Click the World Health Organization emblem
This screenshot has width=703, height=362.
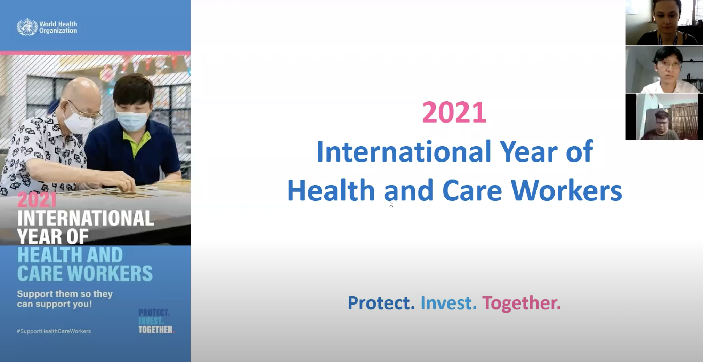point(27,27)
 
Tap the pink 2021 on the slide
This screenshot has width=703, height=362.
point(454,112)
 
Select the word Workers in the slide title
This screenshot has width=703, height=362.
point(566,190)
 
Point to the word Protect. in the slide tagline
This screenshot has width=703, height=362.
point(381,303)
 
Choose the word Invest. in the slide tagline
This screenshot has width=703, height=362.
point(449,303)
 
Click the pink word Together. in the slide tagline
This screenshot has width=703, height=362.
point(522,303)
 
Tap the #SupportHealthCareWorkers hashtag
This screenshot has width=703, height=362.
point(54,331)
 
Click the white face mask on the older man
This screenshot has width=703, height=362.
point(81,119)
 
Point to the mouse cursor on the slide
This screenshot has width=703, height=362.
point(391,204)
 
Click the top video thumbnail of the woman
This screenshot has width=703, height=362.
point(664,23)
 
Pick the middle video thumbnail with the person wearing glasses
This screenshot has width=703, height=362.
point(664,70)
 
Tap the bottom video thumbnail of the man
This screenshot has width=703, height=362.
point(664,117)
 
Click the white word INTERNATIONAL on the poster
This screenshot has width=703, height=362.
point(86,218)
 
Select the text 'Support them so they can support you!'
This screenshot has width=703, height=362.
point(65,299)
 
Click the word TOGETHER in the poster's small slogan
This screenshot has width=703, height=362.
point(156,330)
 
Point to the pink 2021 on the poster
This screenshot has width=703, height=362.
point(37,200)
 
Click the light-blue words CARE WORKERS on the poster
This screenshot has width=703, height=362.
point(85,273)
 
